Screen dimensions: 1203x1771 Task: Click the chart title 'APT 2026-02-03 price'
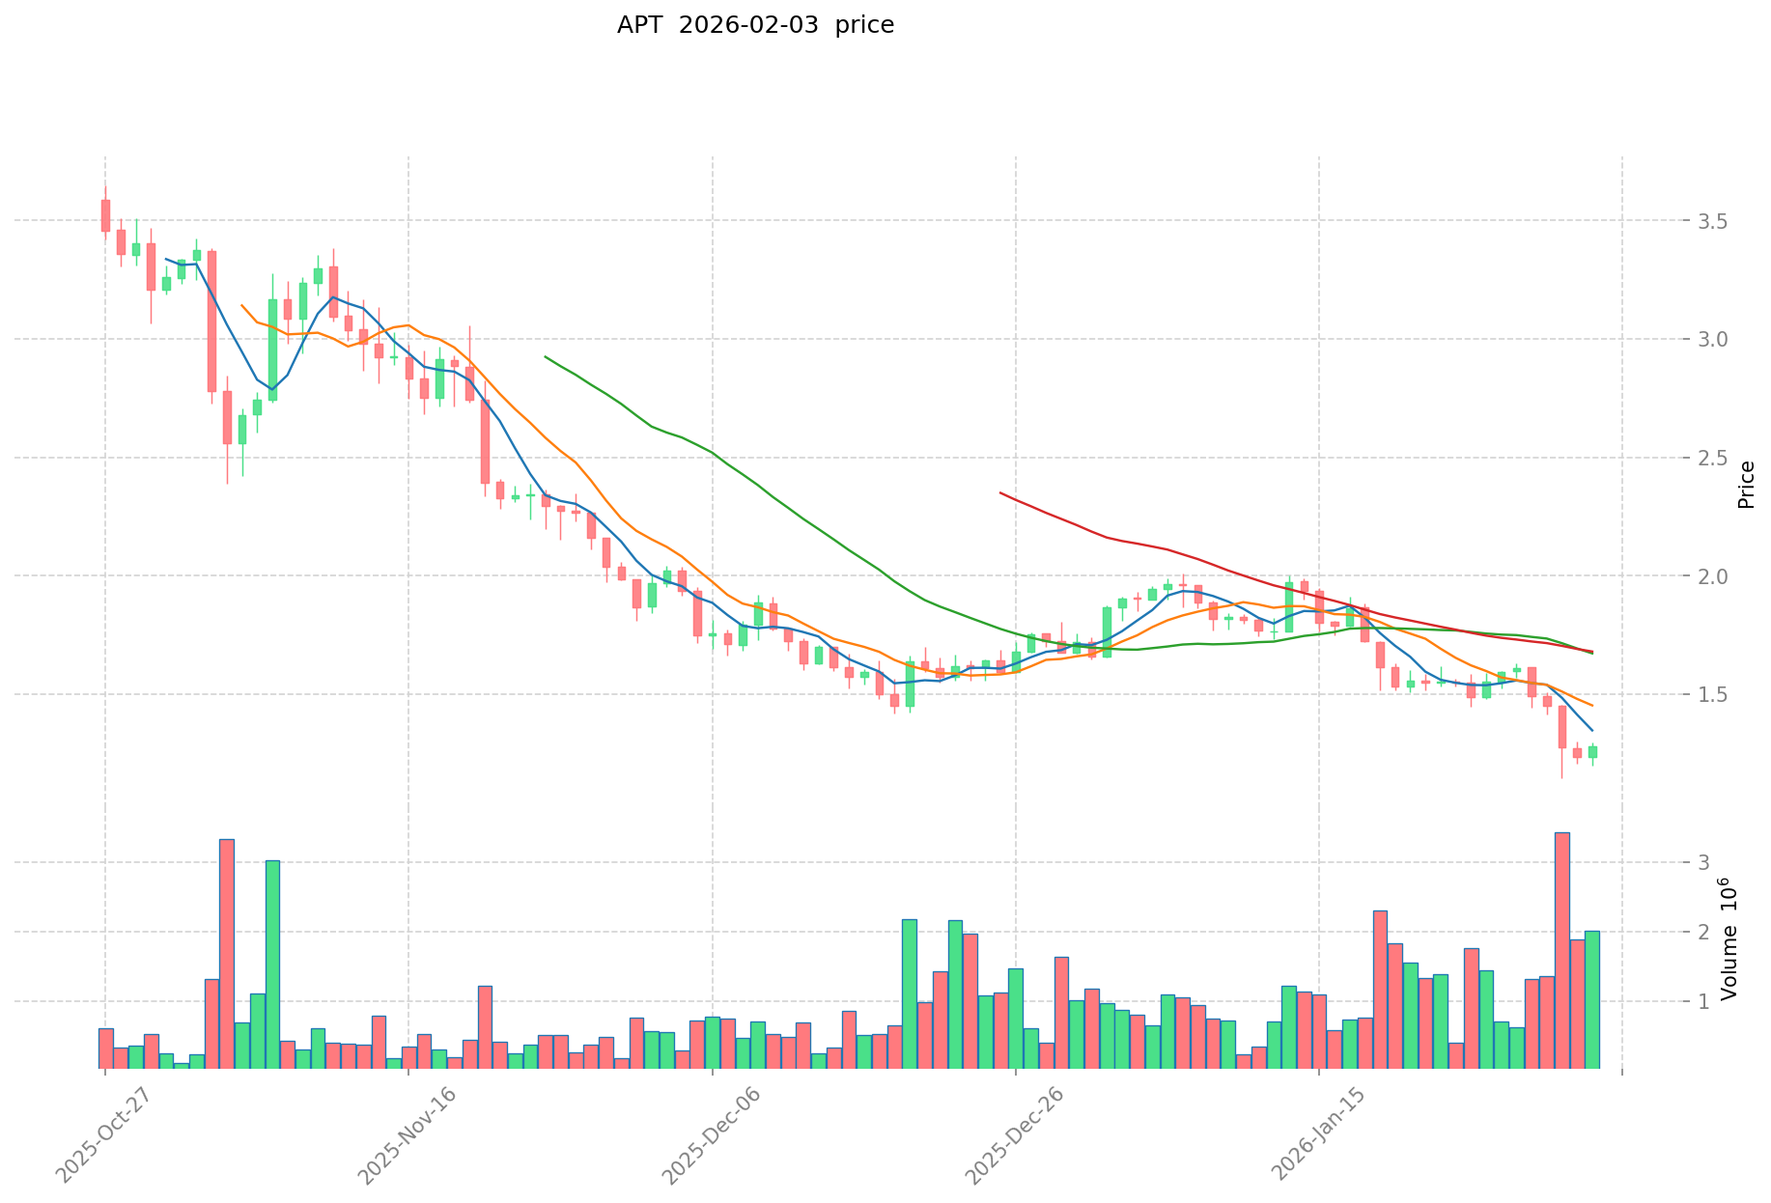[755, 25]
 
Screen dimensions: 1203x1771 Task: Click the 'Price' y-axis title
[1746, 485]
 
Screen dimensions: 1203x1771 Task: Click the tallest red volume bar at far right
[1561, 950]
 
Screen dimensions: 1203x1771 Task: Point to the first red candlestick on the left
[105, 215]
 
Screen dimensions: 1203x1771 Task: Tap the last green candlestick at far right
[1592, 751]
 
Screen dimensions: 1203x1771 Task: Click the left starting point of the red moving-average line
[1000, 492]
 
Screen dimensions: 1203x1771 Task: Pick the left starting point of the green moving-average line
[546, 356]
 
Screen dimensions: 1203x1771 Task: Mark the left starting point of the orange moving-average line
[241, 305]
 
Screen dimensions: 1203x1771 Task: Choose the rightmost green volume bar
[1592, 999]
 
